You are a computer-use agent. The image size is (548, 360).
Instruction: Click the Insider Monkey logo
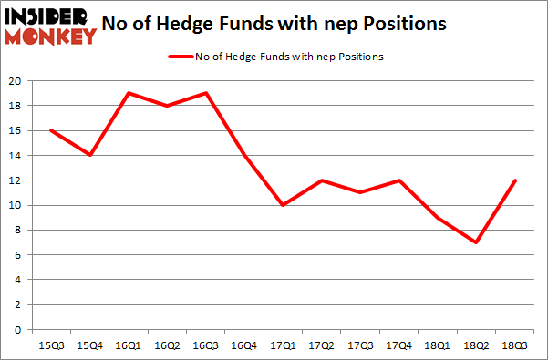click(x=51, y=26)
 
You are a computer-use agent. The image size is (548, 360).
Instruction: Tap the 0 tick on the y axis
click(x=18, y=330)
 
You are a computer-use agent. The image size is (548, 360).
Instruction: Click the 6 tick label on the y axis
click(x=18, y=255)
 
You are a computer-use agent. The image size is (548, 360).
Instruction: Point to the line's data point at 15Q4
click(x=89, y=155)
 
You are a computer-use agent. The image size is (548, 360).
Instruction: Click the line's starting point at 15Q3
click(x=50, y=130)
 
